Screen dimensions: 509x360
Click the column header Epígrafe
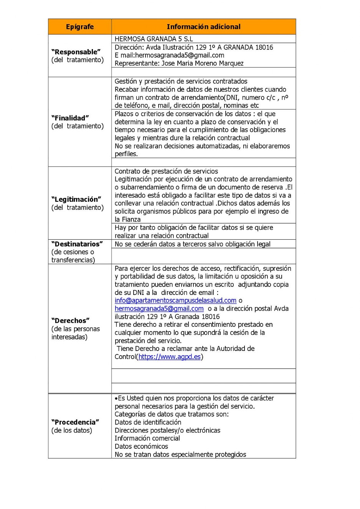80,27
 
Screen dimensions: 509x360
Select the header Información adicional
203,27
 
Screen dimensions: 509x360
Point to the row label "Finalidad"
70,118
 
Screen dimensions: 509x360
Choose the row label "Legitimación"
76,199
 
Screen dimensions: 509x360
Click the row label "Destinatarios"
77,244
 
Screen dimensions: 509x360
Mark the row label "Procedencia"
75,422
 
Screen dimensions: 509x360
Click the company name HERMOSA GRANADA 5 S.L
154,39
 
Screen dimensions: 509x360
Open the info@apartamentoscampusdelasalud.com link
175,301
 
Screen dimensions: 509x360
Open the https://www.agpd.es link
170,357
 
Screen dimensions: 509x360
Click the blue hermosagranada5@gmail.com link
159,309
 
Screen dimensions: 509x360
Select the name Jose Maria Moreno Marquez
203,63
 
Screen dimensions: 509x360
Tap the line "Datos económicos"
141,446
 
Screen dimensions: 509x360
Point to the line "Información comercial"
147,438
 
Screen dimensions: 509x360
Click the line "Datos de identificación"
148,422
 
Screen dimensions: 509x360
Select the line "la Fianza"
127,219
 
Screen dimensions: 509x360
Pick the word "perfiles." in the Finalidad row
126,154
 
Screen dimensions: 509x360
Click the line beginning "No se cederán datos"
192,244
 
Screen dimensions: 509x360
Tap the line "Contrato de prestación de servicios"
166,171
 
